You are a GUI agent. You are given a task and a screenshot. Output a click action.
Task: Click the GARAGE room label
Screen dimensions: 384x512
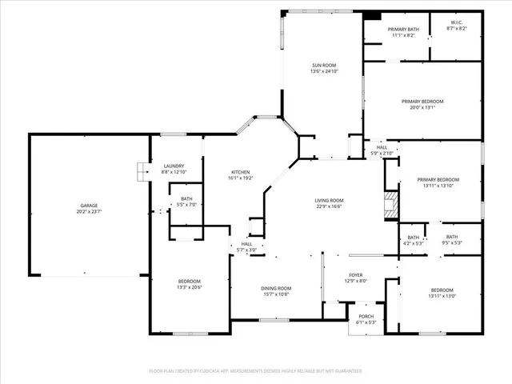click(x=89, y=206)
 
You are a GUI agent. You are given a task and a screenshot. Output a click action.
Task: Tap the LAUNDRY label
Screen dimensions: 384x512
click(x=174, y=166)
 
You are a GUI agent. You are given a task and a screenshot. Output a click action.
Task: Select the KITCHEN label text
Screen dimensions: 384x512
click(x=241, y=172)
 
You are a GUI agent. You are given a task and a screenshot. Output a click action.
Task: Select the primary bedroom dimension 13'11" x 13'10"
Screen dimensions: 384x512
click(x=438, y=186)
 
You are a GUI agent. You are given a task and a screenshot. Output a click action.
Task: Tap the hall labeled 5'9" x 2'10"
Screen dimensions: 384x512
click(x=382, y=153)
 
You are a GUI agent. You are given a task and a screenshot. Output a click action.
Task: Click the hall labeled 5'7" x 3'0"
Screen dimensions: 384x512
click(x=246, y=250)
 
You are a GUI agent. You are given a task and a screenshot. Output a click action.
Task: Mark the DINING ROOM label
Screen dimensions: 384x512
click(x=277, y=288)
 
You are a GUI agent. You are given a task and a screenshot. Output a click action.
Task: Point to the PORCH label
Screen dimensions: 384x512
click(x=365, y=316)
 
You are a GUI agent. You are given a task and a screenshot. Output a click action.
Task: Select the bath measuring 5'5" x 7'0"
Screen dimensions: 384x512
click(x=186, y=205)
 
